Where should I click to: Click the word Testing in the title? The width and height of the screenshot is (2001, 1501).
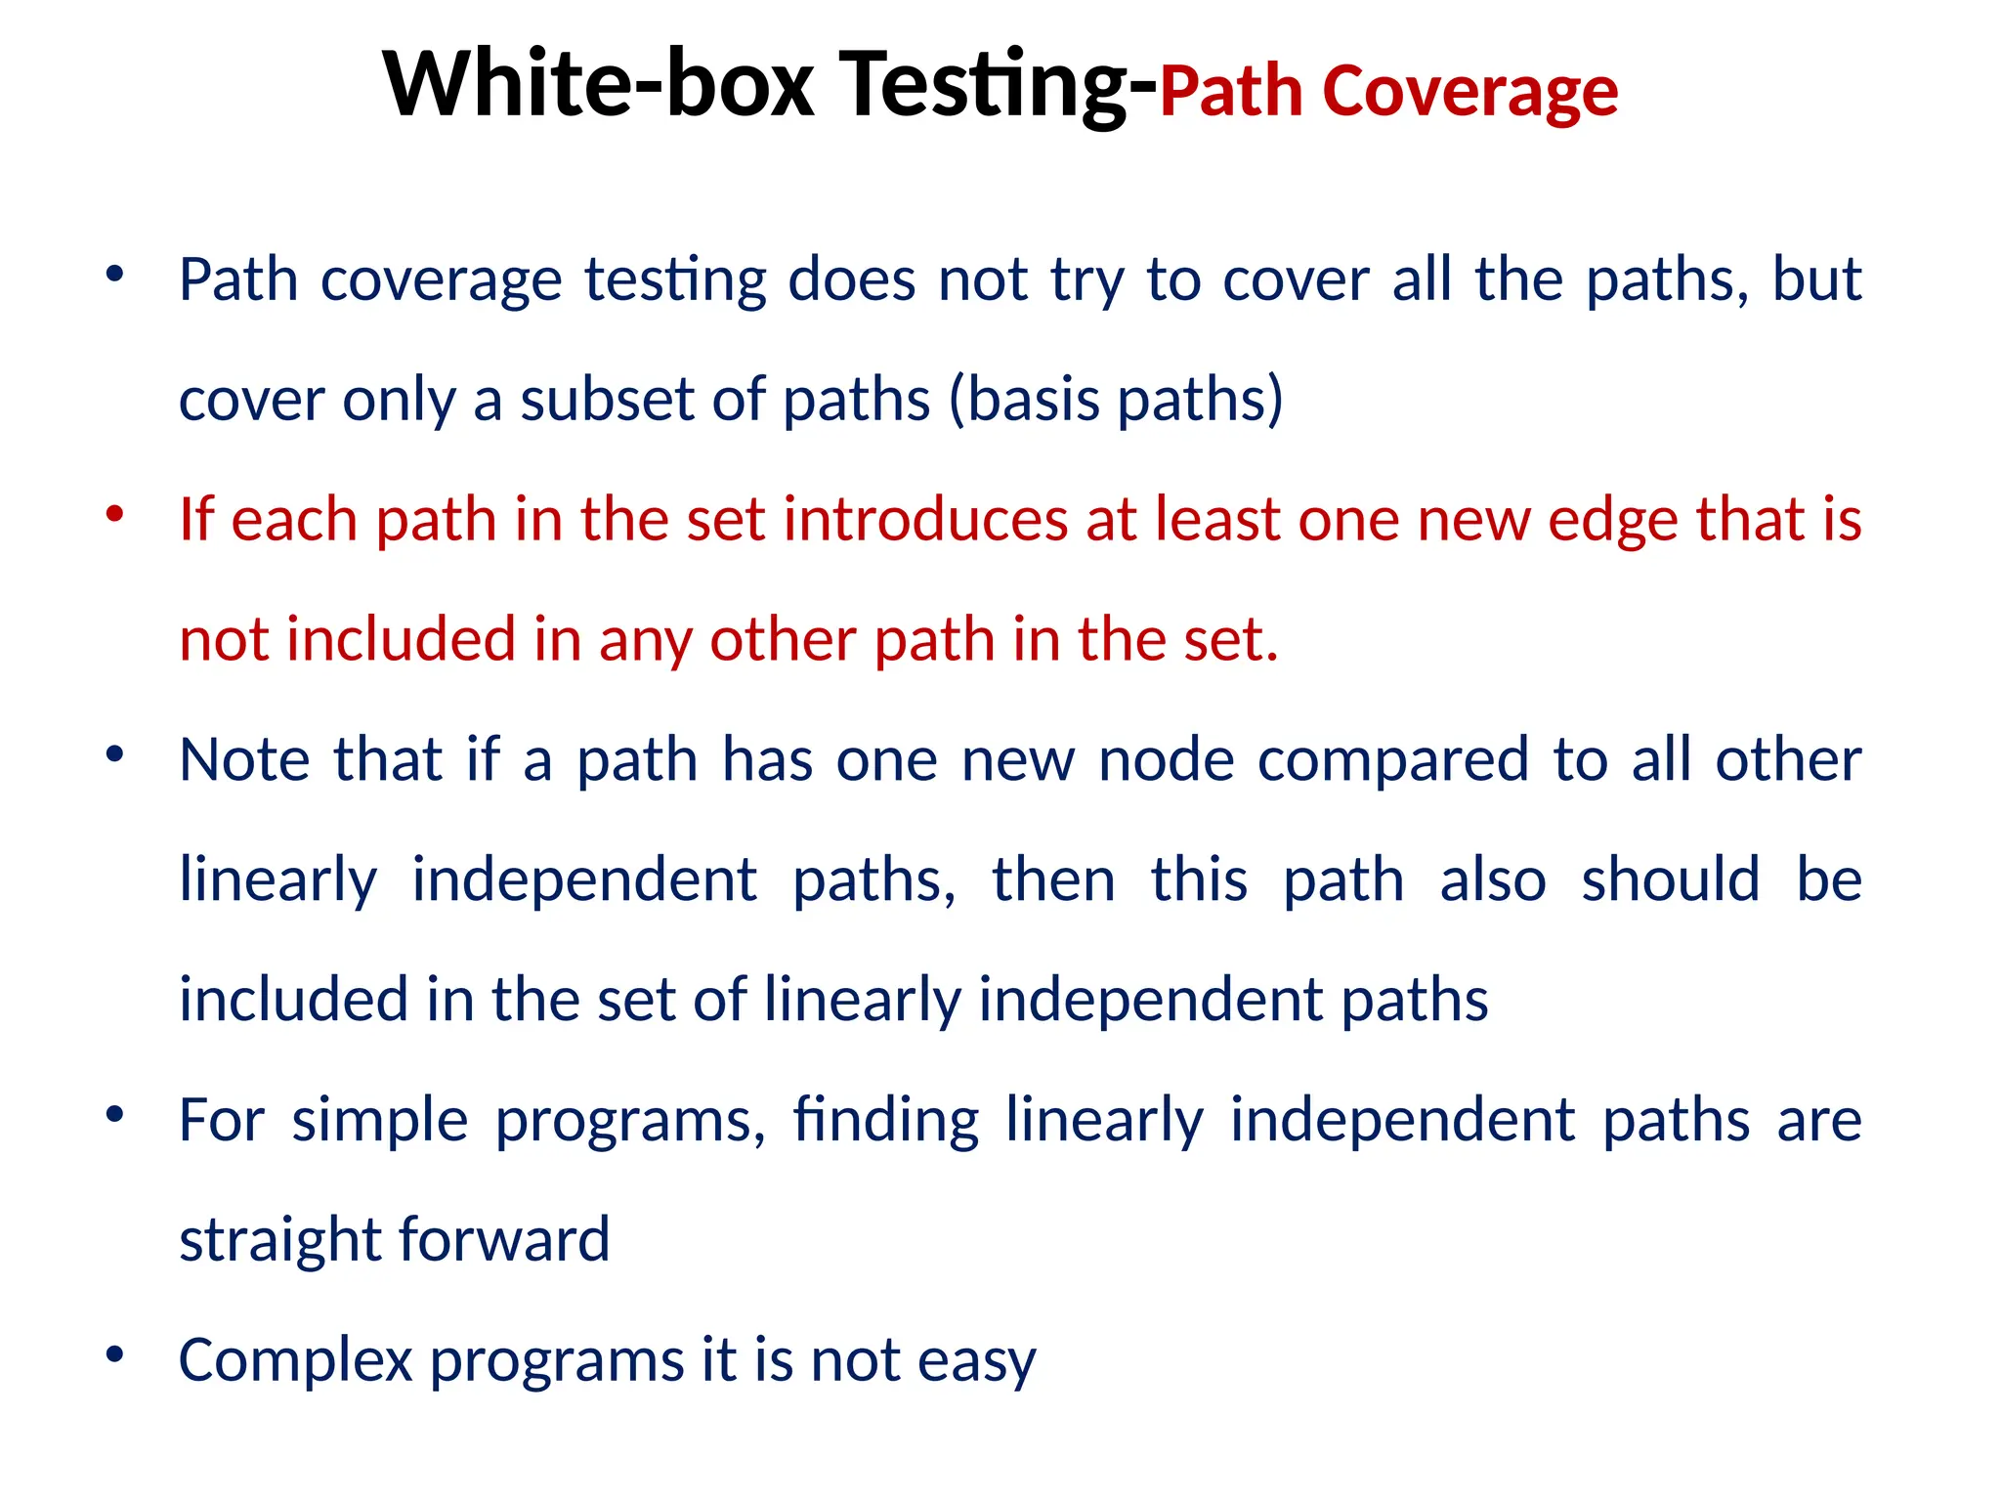coord(987,85)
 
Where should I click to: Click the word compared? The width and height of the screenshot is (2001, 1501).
coord(1393,759)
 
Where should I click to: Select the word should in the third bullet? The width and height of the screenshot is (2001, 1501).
coord(1671,879)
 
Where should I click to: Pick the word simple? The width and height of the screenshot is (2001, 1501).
coord(380,1120)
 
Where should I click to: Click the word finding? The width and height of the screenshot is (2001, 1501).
coord(885,1120)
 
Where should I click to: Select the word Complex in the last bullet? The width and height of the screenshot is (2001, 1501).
coord(296,1360)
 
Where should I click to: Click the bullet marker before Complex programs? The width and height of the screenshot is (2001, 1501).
coord(115,1354)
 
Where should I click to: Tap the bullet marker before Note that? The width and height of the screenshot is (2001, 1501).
coord(115,753)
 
